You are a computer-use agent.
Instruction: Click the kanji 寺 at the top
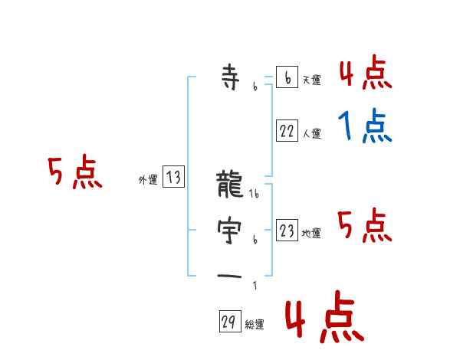[230, 77]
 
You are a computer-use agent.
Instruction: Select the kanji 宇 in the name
[230, 229]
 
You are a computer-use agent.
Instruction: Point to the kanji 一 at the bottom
[230, 275]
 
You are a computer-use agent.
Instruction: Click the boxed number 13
[174, 178]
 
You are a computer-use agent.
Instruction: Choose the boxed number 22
[287, 131]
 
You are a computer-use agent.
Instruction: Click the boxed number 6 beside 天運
[287, 78]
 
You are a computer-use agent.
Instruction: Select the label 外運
[148, 180]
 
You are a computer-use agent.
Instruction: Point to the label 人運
[311, 133]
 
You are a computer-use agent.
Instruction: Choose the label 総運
[255, 325]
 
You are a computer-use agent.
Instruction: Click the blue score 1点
[365, 126]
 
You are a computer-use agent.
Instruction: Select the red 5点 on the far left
[74, 173]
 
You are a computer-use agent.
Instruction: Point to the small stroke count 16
[255, 194]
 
